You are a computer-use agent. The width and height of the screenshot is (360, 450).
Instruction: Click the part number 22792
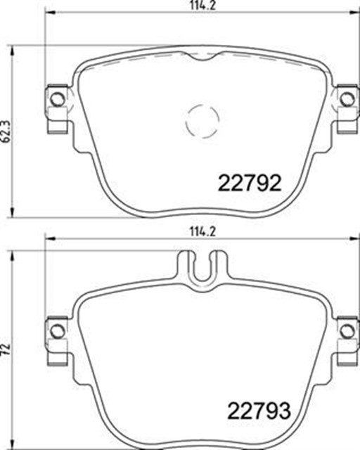coord(250,183)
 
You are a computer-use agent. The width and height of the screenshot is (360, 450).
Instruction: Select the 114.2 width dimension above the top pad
coord(203,6)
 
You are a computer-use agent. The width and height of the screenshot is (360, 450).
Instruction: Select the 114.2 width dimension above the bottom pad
coord(203,232)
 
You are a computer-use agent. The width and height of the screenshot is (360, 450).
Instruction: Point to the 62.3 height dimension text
coord(6,131)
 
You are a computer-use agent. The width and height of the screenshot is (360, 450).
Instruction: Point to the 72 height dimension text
coord(6,349)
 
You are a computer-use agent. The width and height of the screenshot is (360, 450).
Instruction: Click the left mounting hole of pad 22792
coord(57,99)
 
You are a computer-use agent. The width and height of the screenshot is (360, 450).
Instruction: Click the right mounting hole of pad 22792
coord(347,99)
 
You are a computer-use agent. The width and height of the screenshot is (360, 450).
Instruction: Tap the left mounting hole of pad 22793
coord(57,331)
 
